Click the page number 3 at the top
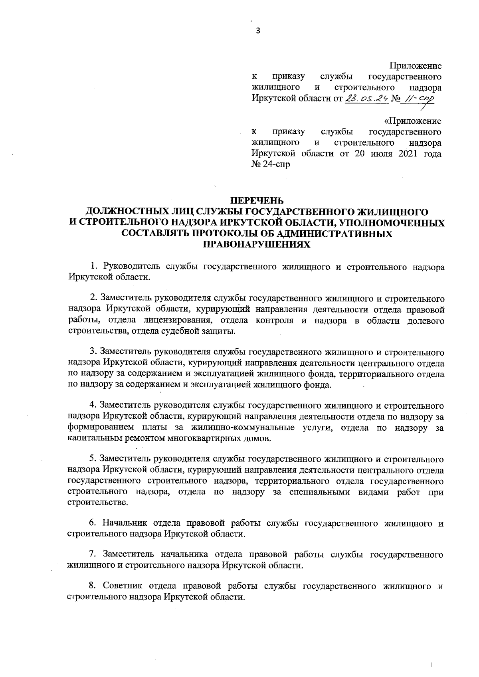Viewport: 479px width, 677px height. pyautogui.click(x=257, y=31)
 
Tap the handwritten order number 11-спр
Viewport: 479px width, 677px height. pyautogui.click(x=419, y=99)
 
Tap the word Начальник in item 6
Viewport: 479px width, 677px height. pyautogui.click(x=125, y=523)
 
